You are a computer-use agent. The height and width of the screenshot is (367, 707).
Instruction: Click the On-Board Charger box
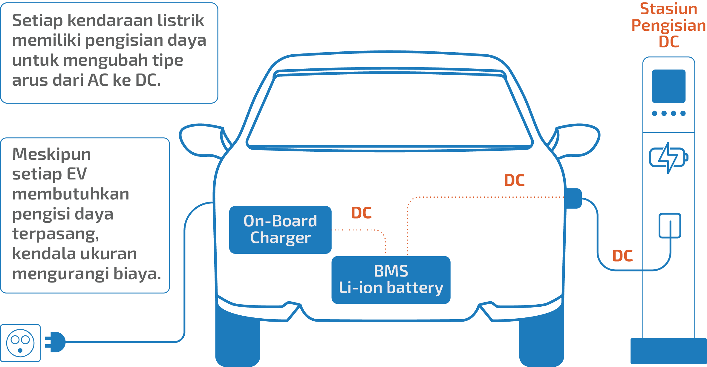280,230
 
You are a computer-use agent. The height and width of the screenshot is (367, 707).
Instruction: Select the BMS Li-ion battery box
391,280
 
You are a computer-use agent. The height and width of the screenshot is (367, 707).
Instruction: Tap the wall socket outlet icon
20,343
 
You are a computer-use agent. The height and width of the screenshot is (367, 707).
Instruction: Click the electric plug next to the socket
56,342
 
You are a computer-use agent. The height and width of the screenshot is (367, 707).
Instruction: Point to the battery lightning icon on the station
668,157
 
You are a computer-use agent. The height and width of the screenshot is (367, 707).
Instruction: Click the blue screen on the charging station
669,86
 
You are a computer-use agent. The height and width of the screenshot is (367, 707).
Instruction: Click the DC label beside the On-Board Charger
361,213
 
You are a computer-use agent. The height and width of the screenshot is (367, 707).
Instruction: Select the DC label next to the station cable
622,256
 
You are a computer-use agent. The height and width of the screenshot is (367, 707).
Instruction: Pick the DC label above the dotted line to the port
514,180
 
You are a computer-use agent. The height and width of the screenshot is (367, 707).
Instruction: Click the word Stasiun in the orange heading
668,9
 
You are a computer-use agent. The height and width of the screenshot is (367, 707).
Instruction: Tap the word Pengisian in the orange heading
668,26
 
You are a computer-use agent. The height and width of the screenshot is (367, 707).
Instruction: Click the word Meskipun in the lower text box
51,154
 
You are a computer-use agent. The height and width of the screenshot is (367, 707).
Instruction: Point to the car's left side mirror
200,140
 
